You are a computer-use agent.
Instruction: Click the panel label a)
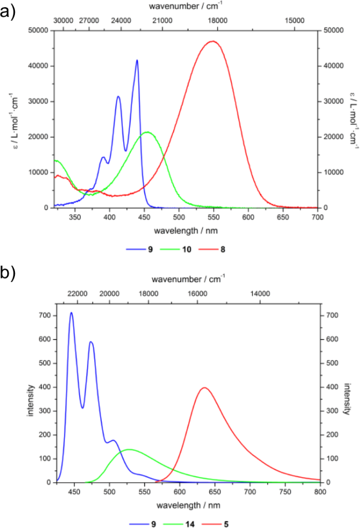tap(11, 10)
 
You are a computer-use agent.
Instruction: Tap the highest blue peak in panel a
tap(137, 60)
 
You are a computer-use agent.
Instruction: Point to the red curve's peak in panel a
tap(212, 41)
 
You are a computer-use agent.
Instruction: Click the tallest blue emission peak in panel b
tap(71, 312)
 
